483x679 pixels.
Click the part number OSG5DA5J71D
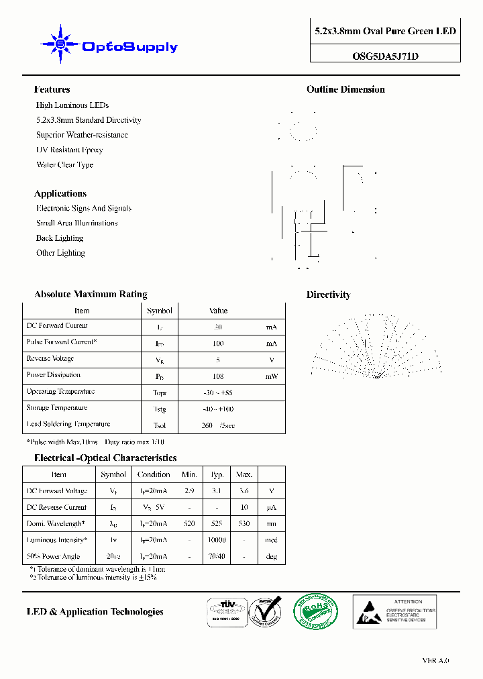[x=385, y=56]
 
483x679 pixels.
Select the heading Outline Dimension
[x=345, y=89]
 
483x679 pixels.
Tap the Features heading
[x=52, y=89]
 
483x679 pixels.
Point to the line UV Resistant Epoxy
[x=69, y=150]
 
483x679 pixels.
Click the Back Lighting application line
[x=60, y=238]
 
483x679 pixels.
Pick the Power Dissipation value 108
[x=218, y=376]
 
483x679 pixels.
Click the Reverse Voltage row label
[x=50, y=359]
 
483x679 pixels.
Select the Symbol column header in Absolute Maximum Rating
[x=160, y=311]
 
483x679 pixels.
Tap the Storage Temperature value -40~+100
[x=218, y=409]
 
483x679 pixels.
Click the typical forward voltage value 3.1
[x=217, y=491]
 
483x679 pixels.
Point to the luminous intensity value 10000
[x=217, y=540]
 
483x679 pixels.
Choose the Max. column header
[x=244, y=474]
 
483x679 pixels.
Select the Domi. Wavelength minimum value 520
[x=189, y=524]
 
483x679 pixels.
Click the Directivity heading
[x=328, y=295]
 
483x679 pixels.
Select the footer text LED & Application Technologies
[x=95, y=612]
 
